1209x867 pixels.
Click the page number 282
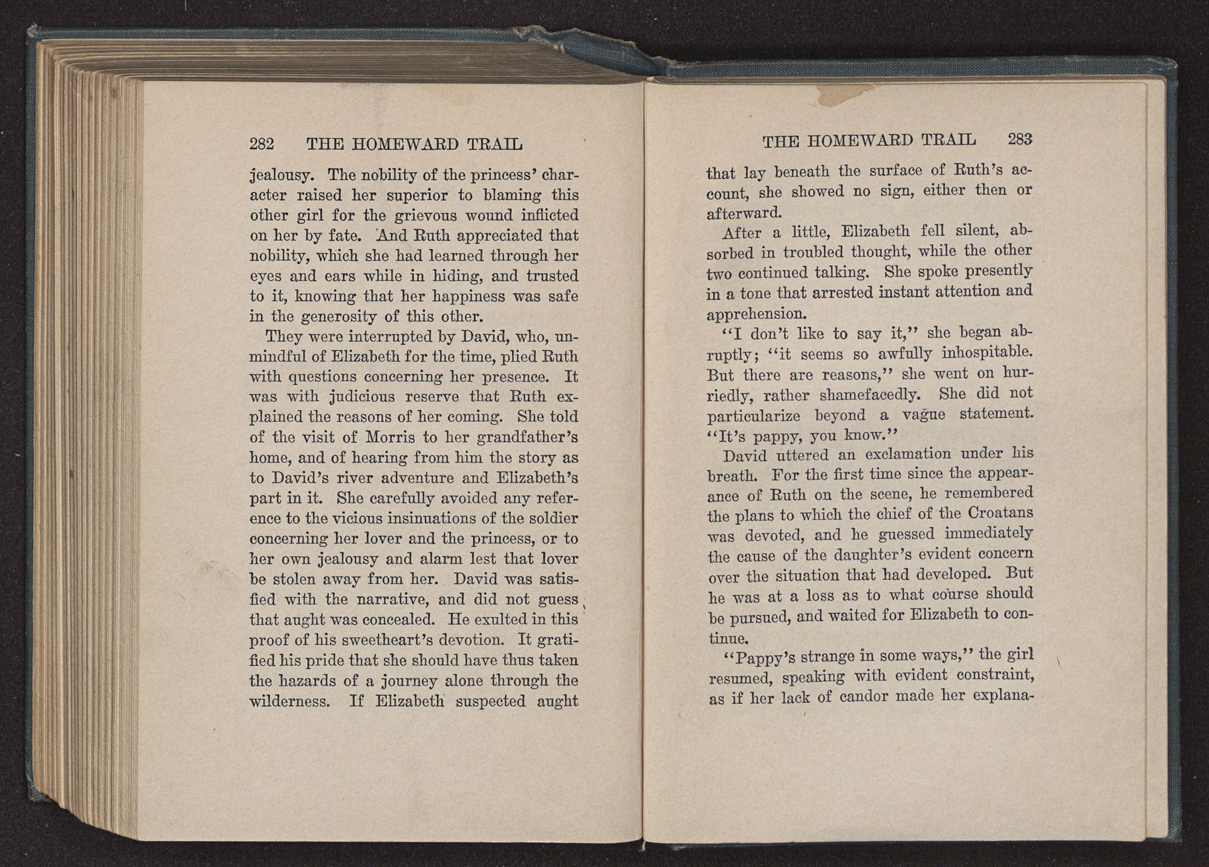point(262,144)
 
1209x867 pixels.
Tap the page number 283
point(1019,139)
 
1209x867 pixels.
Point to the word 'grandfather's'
point(522,437)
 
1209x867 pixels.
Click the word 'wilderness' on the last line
point(289,701)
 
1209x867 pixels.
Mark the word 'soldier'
point(549,518)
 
